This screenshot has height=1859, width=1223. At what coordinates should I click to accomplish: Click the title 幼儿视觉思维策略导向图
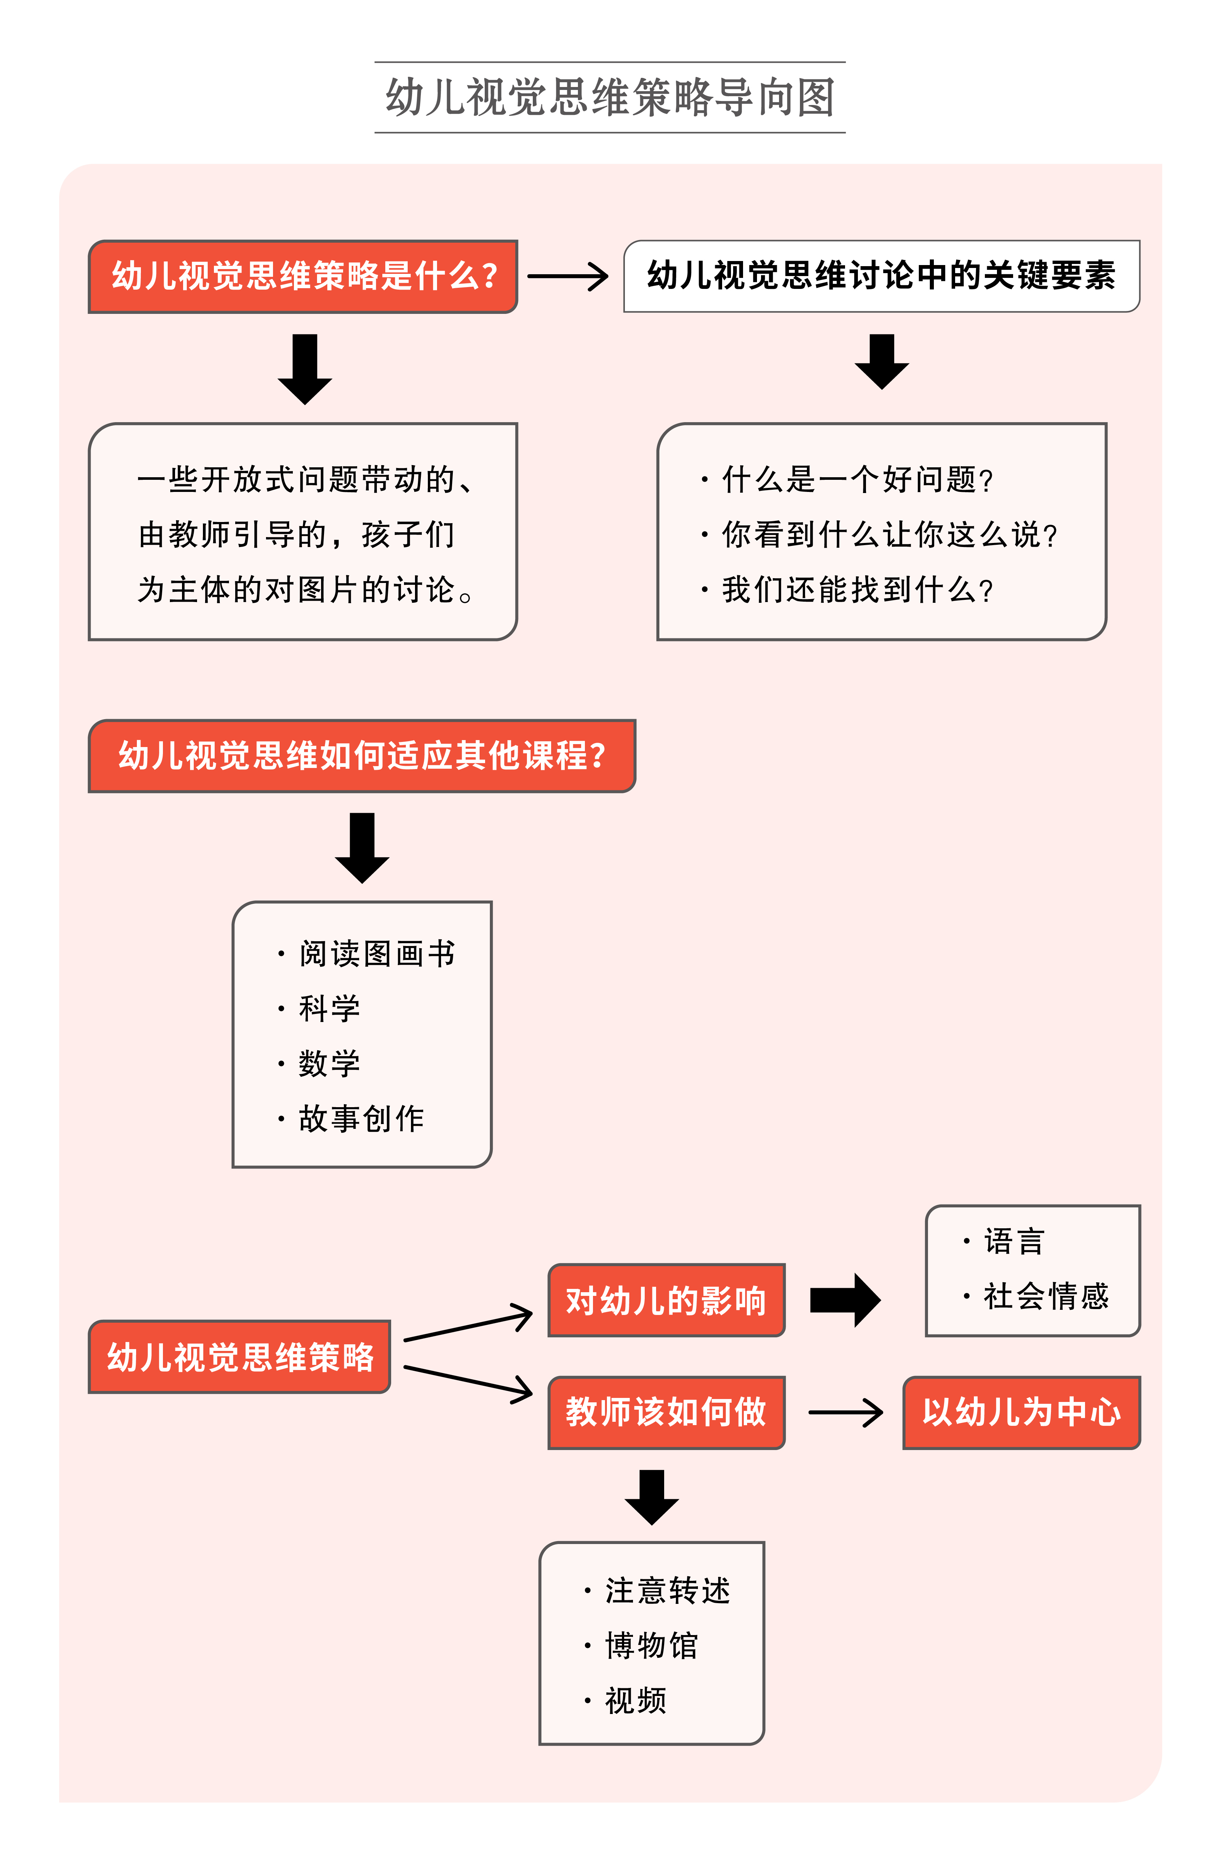[610, 98]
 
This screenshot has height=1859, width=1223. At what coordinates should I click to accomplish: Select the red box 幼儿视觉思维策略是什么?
[303, 276]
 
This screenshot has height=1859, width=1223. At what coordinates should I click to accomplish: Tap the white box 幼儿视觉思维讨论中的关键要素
[881, 276]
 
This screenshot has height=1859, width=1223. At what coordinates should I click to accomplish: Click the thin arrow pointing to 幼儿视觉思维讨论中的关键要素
[568, 276]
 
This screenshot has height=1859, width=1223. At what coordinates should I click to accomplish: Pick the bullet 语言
[1013, 1241]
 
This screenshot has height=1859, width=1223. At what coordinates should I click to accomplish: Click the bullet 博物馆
[651, 1646]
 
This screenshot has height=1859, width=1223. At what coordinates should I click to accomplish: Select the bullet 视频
[635, 1700]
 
